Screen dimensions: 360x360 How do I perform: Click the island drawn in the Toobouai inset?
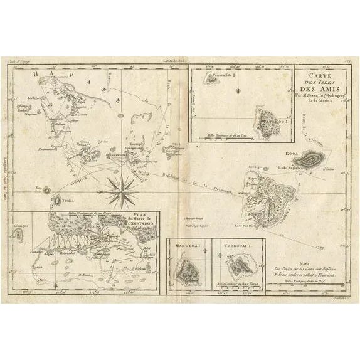238,267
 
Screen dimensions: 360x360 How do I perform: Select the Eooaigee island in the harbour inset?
18,235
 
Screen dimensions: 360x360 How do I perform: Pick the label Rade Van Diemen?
247,224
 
